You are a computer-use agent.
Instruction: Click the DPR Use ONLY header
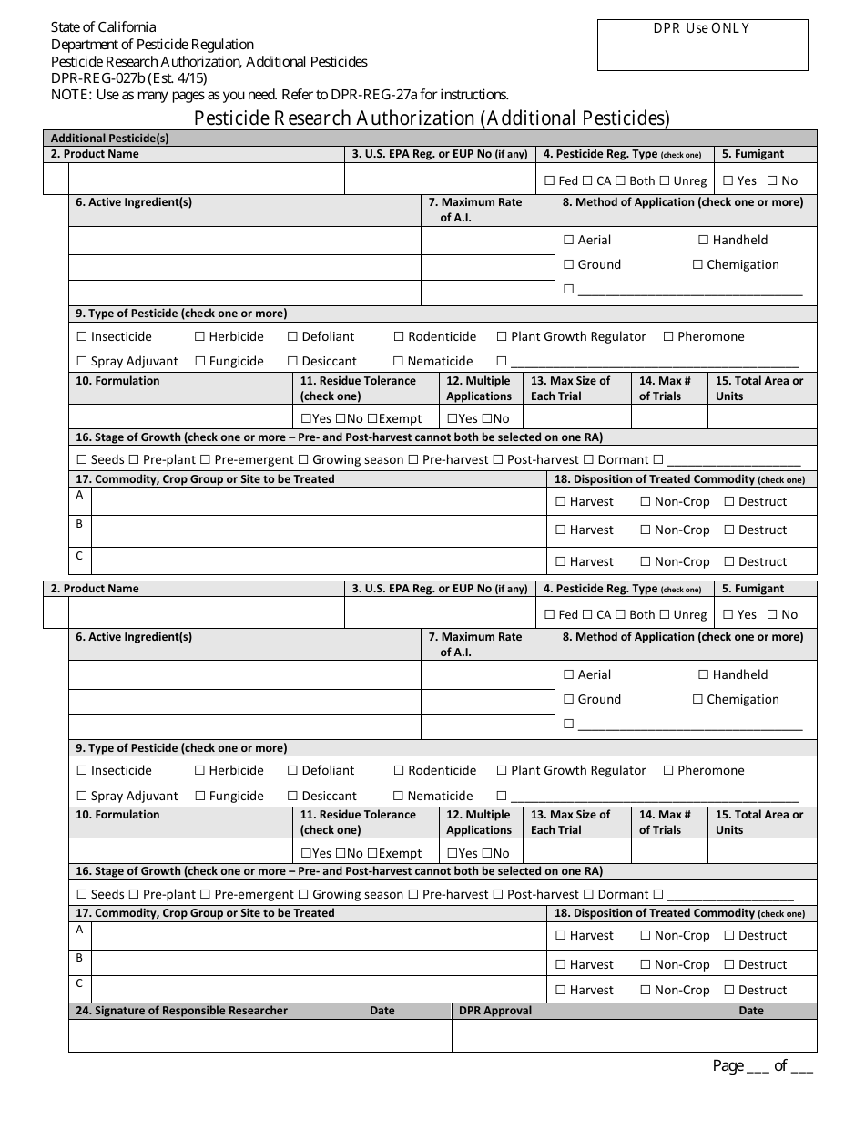click(702, 28)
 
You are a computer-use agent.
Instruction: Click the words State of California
click(103, 27)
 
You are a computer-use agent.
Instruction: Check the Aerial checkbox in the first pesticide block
click(569, 241)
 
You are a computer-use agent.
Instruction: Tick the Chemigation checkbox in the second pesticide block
click(698, 700)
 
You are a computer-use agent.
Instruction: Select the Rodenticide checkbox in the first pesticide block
click(400, 337)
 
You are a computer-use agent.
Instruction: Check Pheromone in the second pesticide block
click(668, 771)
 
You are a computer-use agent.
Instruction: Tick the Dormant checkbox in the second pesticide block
click(588, 895)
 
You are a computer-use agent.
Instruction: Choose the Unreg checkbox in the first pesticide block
click(664, 181)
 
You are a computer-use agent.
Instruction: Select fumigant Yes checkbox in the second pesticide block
click(728, 615)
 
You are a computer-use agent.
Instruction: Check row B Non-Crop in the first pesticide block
click(646, 530)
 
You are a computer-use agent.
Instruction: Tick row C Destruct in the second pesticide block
click(729, 991)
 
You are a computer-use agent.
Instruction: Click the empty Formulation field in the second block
click(180, 850)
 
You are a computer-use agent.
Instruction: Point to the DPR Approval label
click(494, 1011)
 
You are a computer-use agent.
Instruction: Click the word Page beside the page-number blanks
click(728, 1066)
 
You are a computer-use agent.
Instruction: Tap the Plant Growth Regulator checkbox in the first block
click(501, 337)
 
